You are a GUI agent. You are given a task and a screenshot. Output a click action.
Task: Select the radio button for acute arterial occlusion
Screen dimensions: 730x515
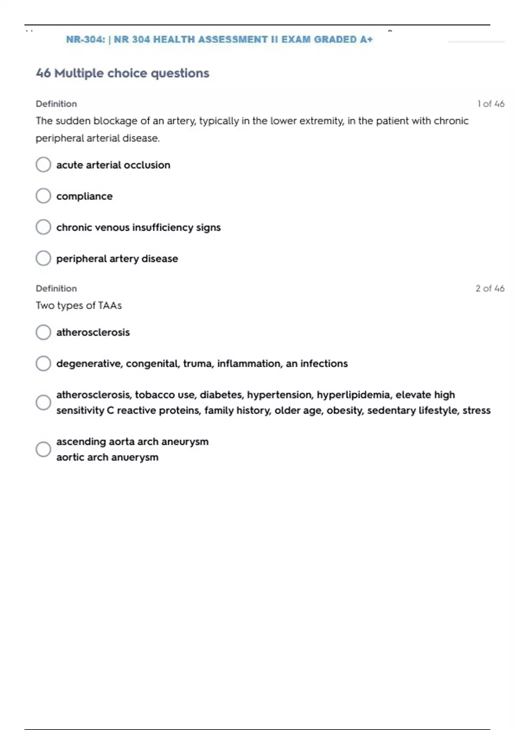click(43, 164)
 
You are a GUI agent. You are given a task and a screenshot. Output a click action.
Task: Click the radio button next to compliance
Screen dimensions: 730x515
click(43, 196)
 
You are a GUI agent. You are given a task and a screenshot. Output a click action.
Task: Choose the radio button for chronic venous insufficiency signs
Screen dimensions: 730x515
click(43, 227)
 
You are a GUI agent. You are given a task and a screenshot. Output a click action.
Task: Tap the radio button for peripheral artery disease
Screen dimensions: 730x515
click(43, 259)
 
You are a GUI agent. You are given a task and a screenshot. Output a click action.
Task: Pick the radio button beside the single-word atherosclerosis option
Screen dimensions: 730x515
click(43, 332)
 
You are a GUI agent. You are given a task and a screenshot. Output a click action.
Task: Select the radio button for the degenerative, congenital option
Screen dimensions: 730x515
click(43, 364)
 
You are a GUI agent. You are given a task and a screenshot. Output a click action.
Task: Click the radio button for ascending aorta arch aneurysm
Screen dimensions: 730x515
click(43, 449)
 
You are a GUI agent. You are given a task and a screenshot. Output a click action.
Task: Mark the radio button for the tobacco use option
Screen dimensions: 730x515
click(43, 402)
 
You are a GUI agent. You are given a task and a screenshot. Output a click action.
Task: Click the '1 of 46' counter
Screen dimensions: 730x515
click(491, 104)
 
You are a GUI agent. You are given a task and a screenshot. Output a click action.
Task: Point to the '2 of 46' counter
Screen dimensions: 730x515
click(490, 289)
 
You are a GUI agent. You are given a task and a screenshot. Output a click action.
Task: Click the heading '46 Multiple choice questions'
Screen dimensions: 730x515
click(123, 73)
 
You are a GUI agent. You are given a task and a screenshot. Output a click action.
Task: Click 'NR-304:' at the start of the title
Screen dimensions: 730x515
click(85, 40)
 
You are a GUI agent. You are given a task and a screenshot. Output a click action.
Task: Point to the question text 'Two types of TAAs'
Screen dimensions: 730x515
click(79, 306)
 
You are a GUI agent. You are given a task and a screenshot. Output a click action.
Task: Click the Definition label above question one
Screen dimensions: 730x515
click(56, 104)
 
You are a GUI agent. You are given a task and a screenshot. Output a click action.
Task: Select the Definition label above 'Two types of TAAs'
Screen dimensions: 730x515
click(56, 289)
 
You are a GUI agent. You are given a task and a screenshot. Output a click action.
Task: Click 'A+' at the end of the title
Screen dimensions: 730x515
click(366, 40)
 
